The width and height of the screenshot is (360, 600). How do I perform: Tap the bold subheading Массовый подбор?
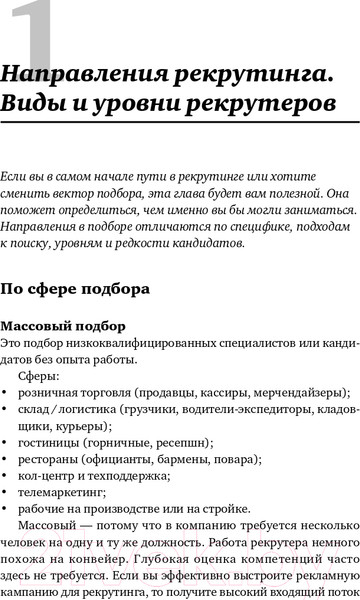click(64, 327)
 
